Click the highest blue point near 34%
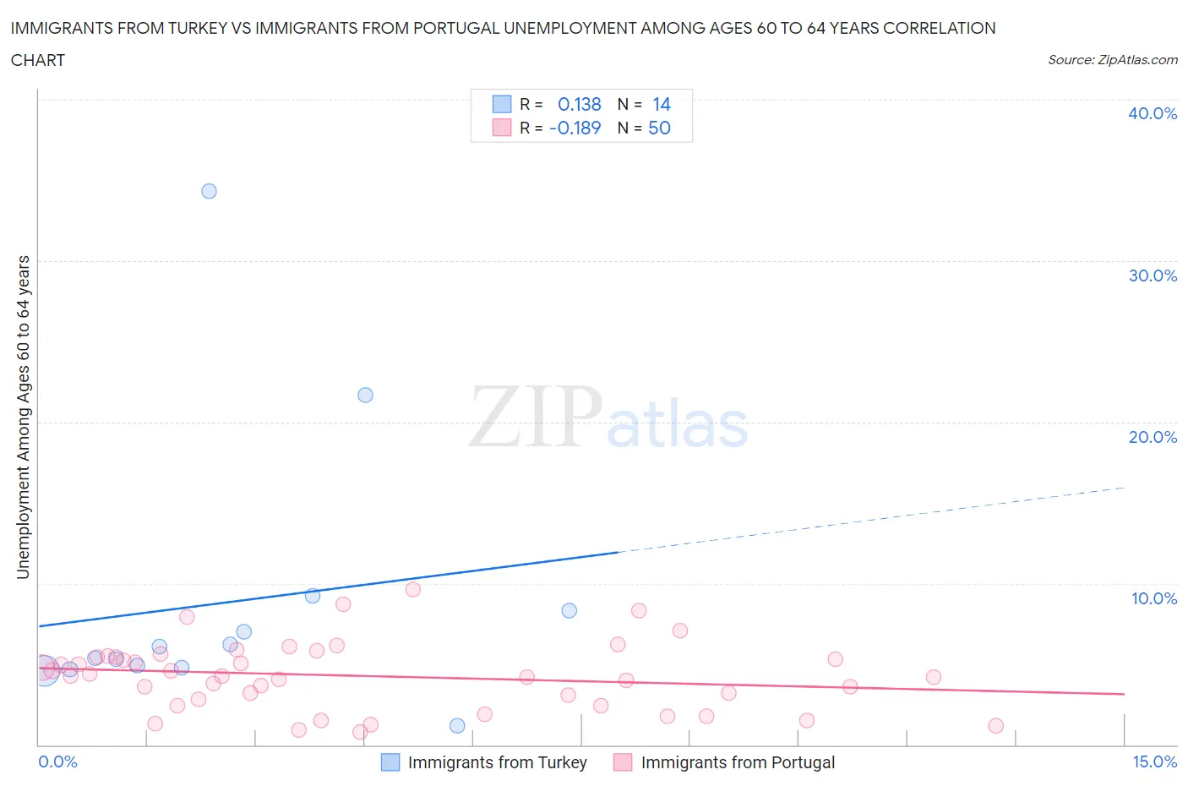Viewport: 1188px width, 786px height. click(x=209, y=191)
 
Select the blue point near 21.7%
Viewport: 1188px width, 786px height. click(x=365, y=395)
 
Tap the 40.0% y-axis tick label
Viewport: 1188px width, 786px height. click(x=1153, y=113)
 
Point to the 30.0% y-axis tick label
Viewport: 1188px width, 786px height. click(x=1153, y=276)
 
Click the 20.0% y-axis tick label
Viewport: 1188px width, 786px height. click(x=1153, y=437)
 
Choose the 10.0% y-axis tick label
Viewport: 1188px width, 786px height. click(x=1153, y=598)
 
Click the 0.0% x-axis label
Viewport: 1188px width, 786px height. click(x=58, y=761)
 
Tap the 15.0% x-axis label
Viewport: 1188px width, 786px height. click(x=1154, y=761)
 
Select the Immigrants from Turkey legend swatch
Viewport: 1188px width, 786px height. click(x=390, y=762)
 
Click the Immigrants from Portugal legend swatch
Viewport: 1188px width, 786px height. click(x=623, y=762)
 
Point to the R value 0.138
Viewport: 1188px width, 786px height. click(x=580, y=104)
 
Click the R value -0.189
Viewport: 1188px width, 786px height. click(x=575, y=128)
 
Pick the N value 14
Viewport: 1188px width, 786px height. click(x=662, y=104)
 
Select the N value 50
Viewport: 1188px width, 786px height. click(x=659, y=128)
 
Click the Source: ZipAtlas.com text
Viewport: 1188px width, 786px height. click(x=1112, y=59)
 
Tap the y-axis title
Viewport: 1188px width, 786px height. click(x=23, y=417)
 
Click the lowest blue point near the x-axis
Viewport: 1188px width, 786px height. click(x=457, y=726)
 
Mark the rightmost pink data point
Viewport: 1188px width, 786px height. click(x=995, y=726)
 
